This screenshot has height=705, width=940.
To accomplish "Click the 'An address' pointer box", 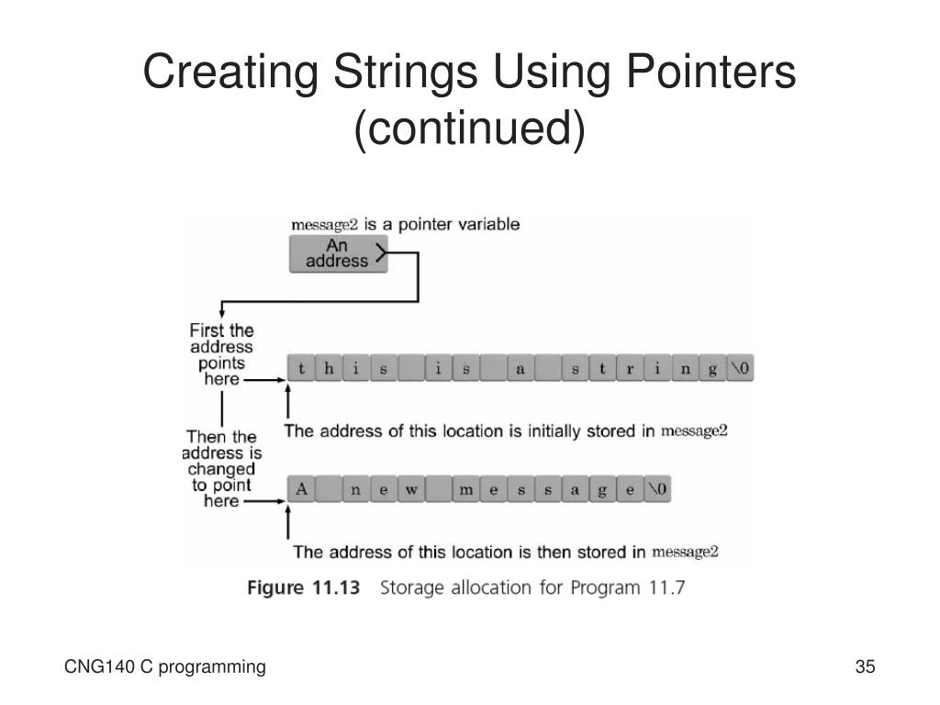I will [x=338, y=253].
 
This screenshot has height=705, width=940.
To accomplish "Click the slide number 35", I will [x=865, y=667].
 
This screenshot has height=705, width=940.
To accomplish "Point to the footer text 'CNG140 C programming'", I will [x=165, y=667].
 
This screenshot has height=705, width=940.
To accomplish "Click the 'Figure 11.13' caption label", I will [x=304, y=587].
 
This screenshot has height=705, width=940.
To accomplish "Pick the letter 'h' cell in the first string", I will [x=328, y=370].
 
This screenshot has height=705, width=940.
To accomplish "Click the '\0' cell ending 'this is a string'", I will [x=739, y=370].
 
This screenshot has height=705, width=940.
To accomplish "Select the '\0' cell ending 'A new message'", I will [x=657, y=490].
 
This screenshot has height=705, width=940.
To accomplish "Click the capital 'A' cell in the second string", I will [x=300, y=490].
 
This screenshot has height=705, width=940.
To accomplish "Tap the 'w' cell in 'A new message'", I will [x=410, y=490].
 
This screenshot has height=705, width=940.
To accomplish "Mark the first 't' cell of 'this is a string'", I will [x=300, y=370].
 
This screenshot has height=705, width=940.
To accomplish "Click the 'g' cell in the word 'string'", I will [x=711, y=370].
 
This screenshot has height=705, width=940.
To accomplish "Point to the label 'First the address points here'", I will [x=221, y=354].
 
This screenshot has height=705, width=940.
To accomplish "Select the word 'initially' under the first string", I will [x=557, y=431].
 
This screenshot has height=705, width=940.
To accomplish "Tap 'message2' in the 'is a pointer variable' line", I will [x=324, y=225].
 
